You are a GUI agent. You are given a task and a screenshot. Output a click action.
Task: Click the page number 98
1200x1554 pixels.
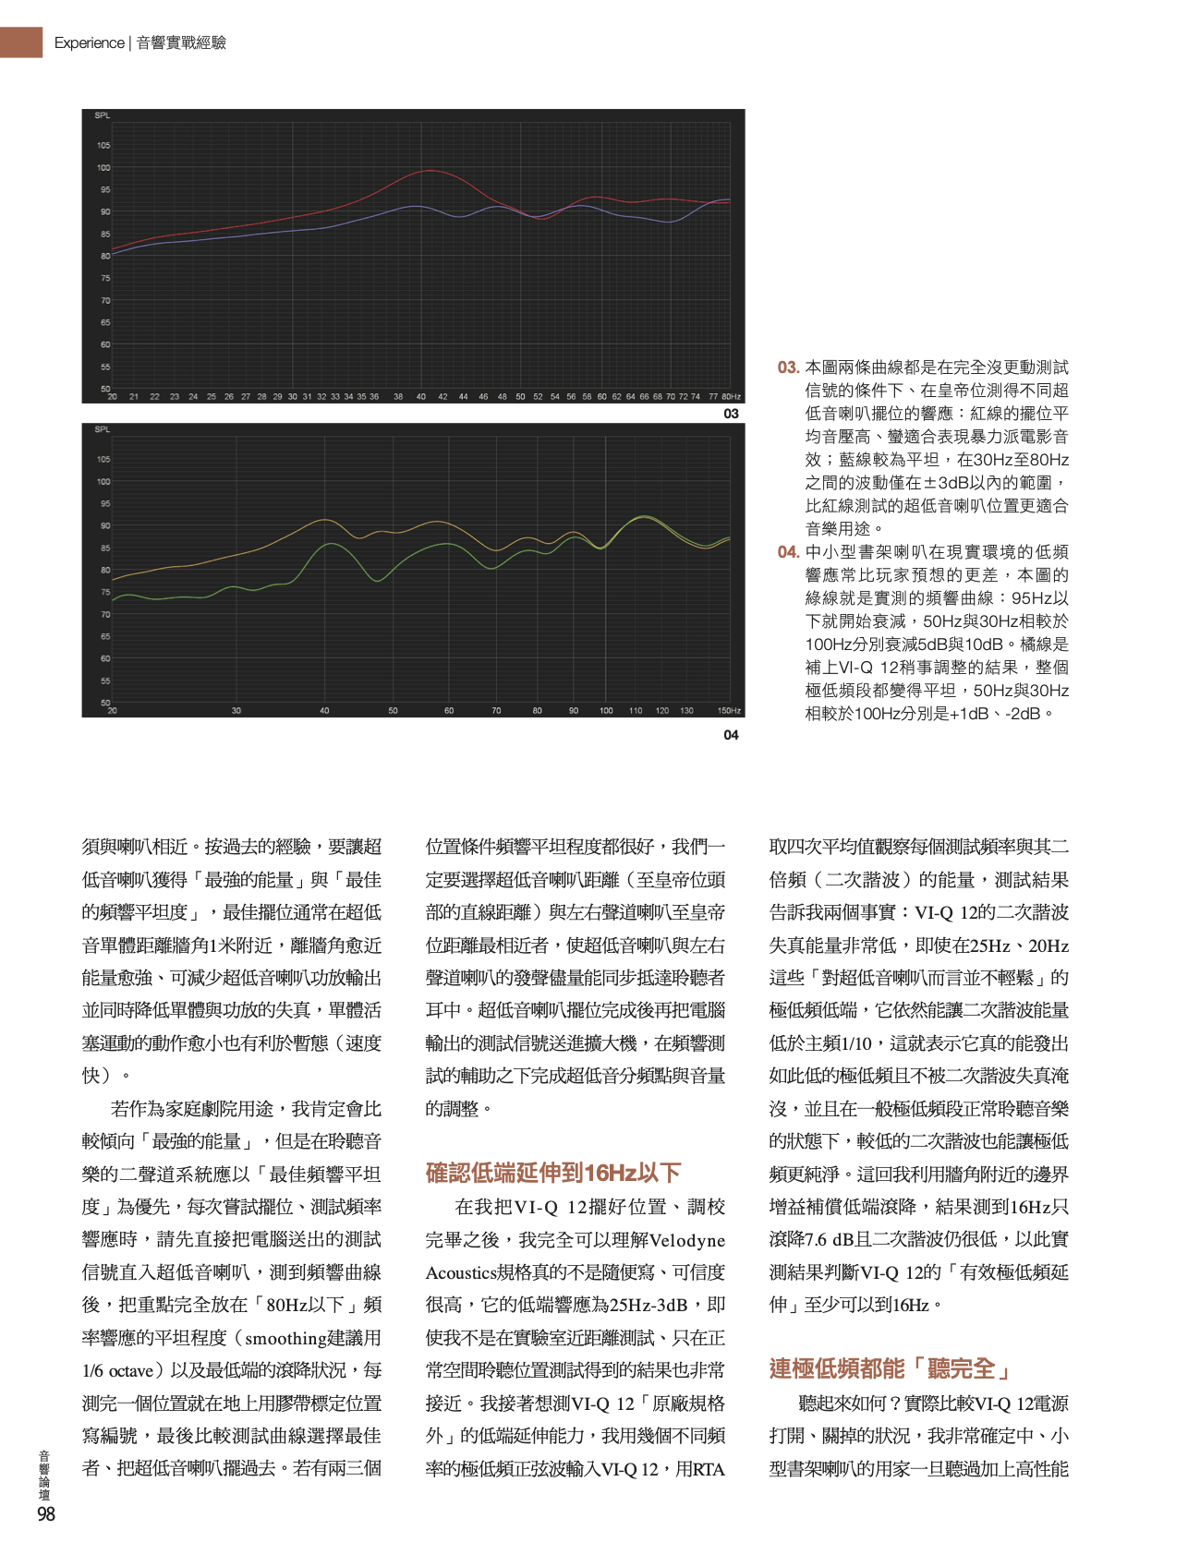pyautogui.click(x=46, y=1513)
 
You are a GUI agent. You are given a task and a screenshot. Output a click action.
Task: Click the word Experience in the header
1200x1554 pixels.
pyautogui.click(x=89, y=42)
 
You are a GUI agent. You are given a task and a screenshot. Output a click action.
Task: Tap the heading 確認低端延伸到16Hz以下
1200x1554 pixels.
pyautogui.click(x=552, y=1173)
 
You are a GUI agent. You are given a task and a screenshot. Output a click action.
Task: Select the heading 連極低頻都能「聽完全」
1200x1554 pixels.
pyautogui.click(x=889, y=1368)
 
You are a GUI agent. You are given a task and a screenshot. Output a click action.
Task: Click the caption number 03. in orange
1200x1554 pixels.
pyautogui.click(x=788, y=367)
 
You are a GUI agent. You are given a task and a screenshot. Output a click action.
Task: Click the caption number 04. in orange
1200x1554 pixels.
pyautogui.click(x=788, y=552)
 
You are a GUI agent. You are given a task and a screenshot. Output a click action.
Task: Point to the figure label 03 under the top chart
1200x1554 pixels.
pyautogui.click(x=731, y=414)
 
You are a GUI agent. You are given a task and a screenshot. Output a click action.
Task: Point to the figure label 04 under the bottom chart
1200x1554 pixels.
pyautogui.click(x=731, y=735)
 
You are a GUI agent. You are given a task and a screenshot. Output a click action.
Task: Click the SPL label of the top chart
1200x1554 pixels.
pyautogui.click(x=102, y=115)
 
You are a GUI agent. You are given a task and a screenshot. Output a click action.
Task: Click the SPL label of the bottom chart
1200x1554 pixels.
pyautogui.click(x=102, y=429)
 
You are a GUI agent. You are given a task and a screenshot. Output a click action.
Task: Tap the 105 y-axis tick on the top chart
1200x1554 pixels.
pyautogui.click(x=103, y=145)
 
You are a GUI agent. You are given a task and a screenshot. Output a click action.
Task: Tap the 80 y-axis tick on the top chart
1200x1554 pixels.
pyautogui.click(x=104, y=256)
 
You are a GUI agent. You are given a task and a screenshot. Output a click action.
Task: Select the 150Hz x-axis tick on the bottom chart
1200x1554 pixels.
pyautogui.click(x=729, y=711)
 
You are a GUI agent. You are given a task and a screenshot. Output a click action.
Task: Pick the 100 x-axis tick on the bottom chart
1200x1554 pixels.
pyautogui.click(x=606, y=711)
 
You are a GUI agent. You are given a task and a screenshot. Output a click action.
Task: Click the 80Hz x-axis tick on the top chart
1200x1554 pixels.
pyautogui.click(x=731, y=397)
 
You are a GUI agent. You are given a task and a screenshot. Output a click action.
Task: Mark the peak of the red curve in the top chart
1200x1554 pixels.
pyautogui.click(x=427, y=171)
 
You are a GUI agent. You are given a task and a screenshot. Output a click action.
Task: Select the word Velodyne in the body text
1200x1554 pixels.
pyautogui.click(x=687, y=1240)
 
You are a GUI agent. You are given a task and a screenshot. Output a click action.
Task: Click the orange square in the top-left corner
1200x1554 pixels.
pyautogui.click(x=21, y=42)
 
